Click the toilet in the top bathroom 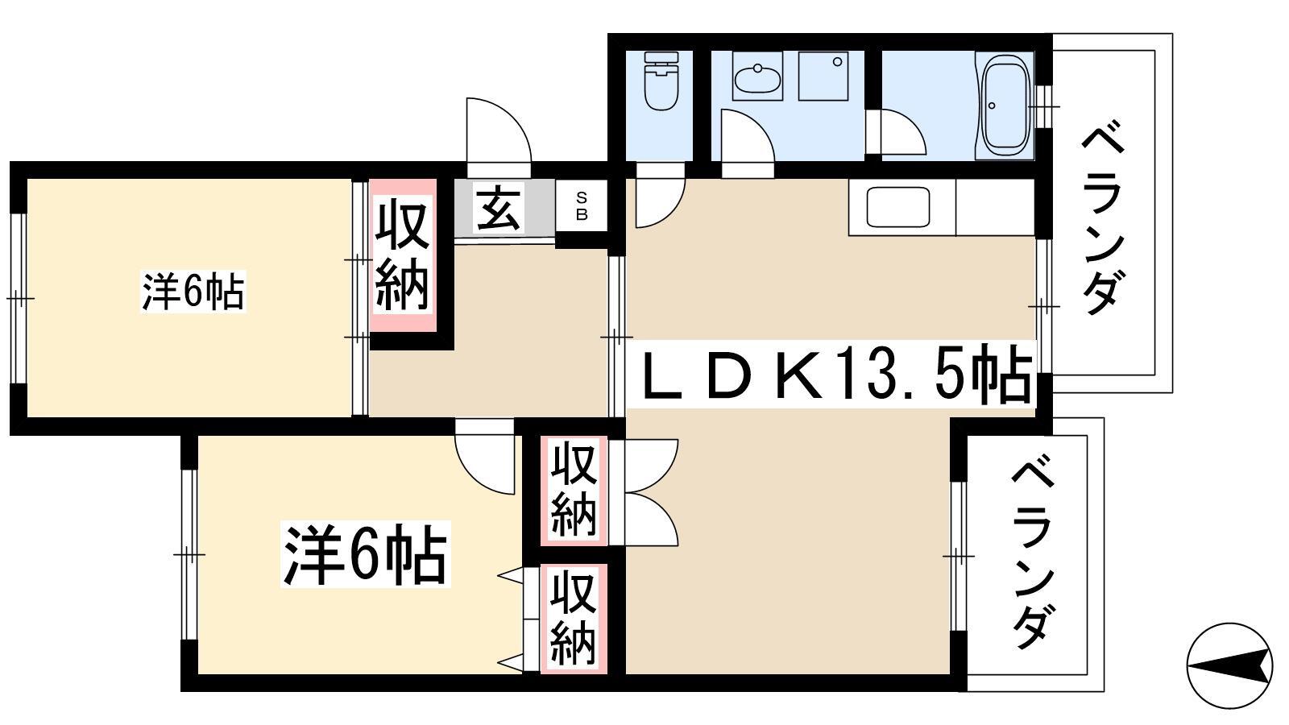click(x=661, y=81)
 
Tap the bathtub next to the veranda click(x=1005, y=106)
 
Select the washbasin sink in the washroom click(x=757, y=76)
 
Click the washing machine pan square click(x=823, y=76)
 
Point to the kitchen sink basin click(x=898, y=206)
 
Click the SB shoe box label click(x=582, y=206)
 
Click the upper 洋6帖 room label click(x=193, y=292)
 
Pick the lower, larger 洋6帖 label click(x=366, y=553)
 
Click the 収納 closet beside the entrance click(x=402, y=255)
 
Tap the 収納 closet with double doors click(x=574, y=491)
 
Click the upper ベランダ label click(x=1104, y=217)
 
